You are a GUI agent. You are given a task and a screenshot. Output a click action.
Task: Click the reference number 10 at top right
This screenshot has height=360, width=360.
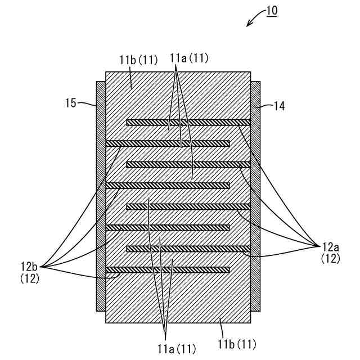click(272, 11)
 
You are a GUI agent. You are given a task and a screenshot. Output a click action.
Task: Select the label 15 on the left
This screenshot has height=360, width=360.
click(71, 103)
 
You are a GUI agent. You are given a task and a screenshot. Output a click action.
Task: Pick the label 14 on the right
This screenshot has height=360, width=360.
click(280, 105)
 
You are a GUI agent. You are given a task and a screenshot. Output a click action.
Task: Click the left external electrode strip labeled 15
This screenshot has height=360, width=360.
click(101, 197)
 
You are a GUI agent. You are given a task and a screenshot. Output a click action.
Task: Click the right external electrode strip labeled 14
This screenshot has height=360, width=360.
click(255, 197)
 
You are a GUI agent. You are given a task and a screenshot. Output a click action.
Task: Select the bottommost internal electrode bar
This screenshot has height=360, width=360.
click(168, 269)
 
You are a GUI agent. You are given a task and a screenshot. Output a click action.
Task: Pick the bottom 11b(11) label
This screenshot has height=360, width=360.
click(236, 342)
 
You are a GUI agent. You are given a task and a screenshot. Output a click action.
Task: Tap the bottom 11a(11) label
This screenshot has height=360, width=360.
click(176, 349)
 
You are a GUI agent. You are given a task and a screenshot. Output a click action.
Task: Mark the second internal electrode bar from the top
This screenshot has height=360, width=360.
click(168, 143)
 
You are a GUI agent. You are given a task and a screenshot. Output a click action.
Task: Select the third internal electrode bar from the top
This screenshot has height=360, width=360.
click(188, 164)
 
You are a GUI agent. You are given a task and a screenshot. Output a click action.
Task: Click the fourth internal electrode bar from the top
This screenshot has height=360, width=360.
click(168, 186)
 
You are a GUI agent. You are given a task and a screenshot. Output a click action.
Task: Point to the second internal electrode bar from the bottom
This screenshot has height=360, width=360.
click(188, 249)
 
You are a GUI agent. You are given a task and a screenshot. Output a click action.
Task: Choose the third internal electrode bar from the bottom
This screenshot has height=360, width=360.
click(168, 228)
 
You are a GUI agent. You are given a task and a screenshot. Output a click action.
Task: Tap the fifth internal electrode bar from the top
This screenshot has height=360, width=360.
click(188, 206)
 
